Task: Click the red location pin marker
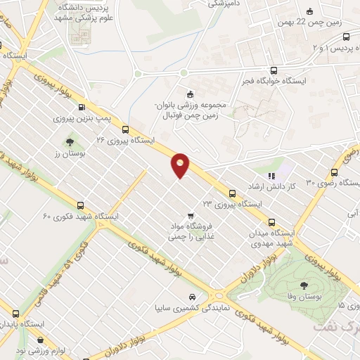pyautogui.click(x=181, y=165)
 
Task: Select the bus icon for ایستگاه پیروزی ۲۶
pyautogui.click(x=125, y=129)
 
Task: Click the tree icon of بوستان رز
pyautogui.click(x=70, y=142)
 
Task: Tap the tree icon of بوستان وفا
pyautogui.click(x=304, y=285)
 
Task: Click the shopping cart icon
pyautogui.click(x=190, y=215)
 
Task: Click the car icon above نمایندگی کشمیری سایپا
pyautogui.click(x=193, y=296)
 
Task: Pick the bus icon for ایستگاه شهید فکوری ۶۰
pyautogui.click(x=80, y=205)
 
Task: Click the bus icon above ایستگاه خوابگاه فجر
pyautogui.click(x=274, y=70)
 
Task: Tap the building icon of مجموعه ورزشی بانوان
pyautogui.click(x=189, y=95)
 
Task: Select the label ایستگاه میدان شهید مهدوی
pyautogui.click(x=273, y=238)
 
